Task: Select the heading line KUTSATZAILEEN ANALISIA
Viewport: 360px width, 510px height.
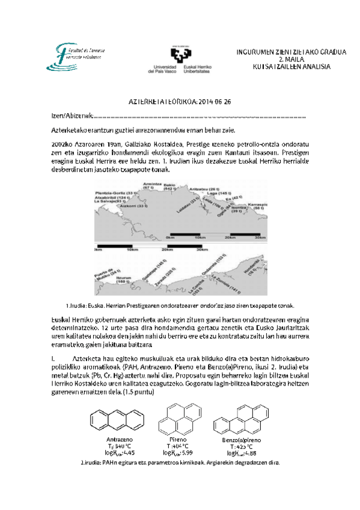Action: (291, 67)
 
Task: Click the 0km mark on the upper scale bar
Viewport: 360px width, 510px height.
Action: (170, 238)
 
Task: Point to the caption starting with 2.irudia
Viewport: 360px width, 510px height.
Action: (180, 462)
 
